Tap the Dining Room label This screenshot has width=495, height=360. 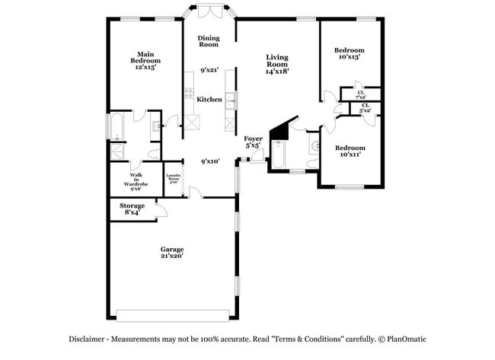point(209,41)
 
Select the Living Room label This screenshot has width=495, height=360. point(276,64)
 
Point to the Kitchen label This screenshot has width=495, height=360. point(209,100)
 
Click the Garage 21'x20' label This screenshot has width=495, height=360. point(171,253)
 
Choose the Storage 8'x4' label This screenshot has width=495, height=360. point(132,209)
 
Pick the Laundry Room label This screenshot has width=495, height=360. point(174,180)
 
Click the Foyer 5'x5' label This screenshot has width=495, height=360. point(254,142)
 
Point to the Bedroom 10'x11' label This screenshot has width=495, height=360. point(350,151)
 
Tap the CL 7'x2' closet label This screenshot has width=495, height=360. point(360,95)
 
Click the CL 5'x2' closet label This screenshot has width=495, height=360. point(366,109)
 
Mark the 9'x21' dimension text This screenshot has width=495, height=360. point(209,70)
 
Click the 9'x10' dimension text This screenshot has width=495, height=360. point(210,161)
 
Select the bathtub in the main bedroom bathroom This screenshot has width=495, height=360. point(117,127)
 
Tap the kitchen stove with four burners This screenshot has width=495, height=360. point(187,95)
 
